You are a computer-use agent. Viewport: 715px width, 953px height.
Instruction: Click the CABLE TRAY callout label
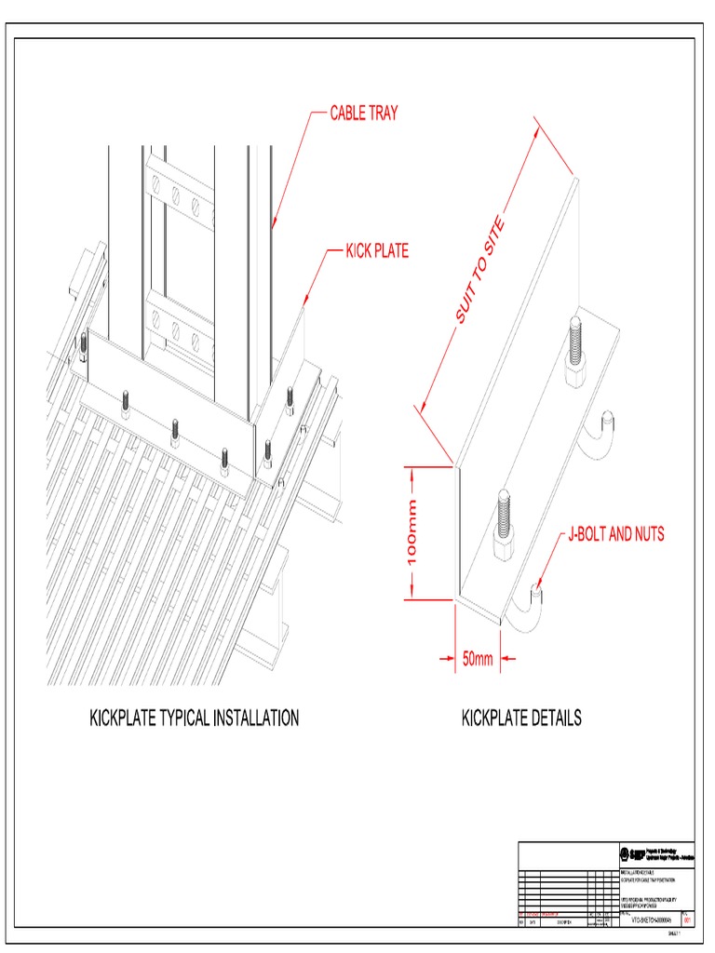click(364, 114)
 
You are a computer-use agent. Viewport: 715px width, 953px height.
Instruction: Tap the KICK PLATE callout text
click(377, 251)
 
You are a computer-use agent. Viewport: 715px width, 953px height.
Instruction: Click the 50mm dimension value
click(478, 660)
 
